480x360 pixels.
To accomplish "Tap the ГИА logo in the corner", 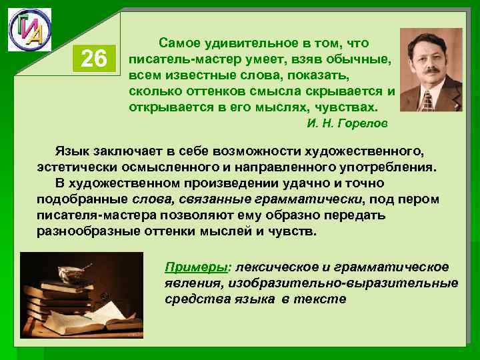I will [x=29, y=30].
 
